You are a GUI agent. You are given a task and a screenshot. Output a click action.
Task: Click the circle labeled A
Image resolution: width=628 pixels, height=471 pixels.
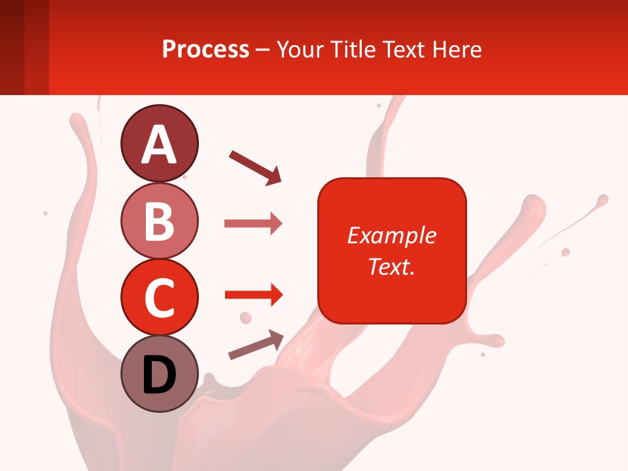(159, 143)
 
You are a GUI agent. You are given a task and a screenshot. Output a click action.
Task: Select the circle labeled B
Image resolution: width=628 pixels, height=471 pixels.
(159, 220)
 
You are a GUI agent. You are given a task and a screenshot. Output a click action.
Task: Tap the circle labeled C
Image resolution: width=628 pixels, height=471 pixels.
(159, 297)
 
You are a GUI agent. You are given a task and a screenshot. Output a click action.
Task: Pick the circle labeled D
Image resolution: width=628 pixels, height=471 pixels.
(159, 374)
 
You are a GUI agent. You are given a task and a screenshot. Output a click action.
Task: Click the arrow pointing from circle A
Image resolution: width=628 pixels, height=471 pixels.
(255, 167)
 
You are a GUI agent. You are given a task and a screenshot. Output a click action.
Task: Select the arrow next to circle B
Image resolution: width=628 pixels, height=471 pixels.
(253, 224)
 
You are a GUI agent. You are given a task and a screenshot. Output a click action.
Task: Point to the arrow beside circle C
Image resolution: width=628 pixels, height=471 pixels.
(253, 296)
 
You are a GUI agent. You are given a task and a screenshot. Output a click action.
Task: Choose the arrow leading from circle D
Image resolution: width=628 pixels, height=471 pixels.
(256, 345)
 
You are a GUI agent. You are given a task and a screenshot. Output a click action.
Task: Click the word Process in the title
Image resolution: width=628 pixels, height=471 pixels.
(205, 49)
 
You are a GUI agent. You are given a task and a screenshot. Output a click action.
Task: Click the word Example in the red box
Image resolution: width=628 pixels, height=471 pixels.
(391, 235)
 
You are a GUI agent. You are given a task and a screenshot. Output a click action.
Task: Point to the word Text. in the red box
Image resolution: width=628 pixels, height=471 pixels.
(391, 266)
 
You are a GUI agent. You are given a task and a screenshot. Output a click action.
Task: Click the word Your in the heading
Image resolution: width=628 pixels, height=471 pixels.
(298, 49)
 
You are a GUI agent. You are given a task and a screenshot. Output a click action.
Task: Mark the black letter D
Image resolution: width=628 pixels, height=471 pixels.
(159, 375)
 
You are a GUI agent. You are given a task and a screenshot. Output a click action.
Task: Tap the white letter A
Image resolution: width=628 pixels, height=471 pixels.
(159, 145)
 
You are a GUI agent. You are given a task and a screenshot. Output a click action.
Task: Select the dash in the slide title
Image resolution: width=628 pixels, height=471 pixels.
(262, 50)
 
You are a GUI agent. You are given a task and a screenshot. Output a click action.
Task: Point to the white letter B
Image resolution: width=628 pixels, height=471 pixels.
(159, 221)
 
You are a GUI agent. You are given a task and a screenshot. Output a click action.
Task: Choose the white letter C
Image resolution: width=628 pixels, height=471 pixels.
(159, 298)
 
